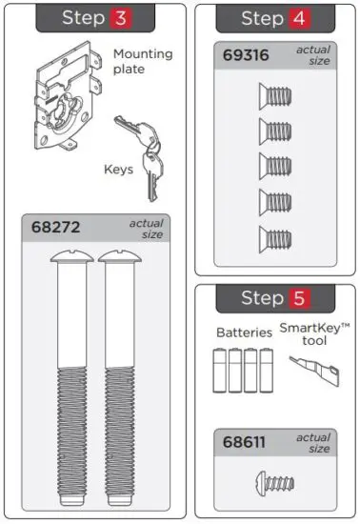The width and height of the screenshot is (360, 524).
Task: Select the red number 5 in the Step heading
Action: tap(298, 298)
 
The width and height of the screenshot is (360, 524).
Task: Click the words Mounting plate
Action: tap(143, 62)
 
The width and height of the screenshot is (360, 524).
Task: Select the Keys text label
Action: tap(119, 171)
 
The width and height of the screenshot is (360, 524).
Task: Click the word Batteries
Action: tap(244, 333)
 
